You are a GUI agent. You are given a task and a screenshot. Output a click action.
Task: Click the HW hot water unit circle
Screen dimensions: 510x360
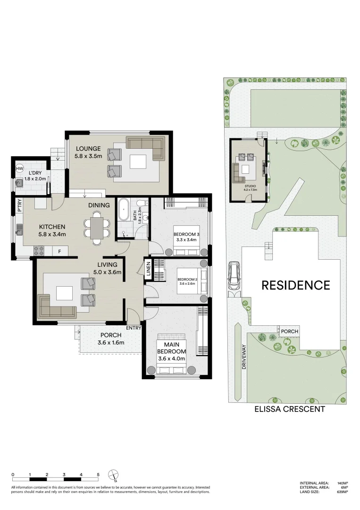point(20,169)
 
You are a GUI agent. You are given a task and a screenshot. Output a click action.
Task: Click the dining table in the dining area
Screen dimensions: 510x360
point(97,228)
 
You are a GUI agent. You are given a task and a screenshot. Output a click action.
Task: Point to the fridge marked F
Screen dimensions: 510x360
point(59,251)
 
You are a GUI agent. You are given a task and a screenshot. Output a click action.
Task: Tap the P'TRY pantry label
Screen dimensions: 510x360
point(19,206)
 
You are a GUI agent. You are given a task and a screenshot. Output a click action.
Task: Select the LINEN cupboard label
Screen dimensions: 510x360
point(148,269)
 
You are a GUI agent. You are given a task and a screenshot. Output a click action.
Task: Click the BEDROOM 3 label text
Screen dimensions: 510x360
point(185,234)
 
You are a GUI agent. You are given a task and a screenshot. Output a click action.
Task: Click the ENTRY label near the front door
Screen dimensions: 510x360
point(134,328)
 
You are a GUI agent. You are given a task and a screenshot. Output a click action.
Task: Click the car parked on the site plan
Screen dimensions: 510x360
point(234,276)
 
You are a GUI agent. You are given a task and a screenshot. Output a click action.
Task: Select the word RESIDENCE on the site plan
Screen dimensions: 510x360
point(296,285)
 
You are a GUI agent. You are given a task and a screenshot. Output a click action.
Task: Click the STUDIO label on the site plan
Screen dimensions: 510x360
point(250,187)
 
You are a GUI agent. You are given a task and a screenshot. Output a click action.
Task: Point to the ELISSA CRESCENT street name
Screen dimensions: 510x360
point(289,409)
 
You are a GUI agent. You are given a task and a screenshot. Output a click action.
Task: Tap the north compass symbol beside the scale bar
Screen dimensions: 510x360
point(113,476)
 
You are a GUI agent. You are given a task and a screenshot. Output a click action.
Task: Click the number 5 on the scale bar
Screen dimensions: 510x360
point(98,474)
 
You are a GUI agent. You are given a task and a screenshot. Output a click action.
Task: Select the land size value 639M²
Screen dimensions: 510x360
point(343,492)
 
